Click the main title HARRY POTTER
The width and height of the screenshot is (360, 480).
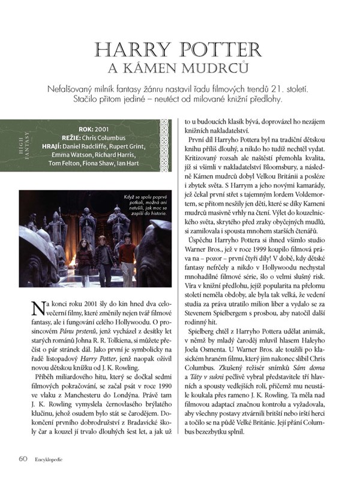pyautogui.click(x=180, y=49)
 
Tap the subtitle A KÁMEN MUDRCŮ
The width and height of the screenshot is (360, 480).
pyautogui.click(x=180, y=67)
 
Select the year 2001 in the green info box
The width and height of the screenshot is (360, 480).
pyautogui.click(x=100, y=128)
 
